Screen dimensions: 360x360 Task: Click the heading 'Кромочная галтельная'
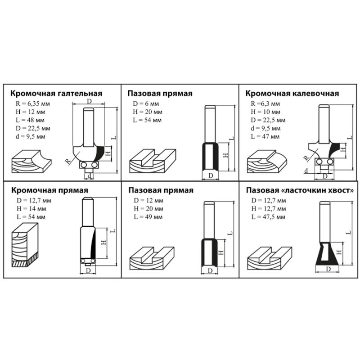[x=56, y=94]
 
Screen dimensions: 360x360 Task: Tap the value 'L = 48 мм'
[x=29, y=120]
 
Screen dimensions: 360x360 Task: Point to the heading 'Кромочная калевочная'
[x=292, y=94]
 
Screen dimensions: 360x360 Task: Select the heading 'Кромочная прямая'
[x=49, y=190]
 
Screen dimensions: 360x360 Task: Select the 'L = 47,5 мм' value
[x=268, y=216]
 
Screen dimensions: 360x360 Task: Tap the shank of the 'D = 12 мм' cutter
[x=208, y=220]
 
